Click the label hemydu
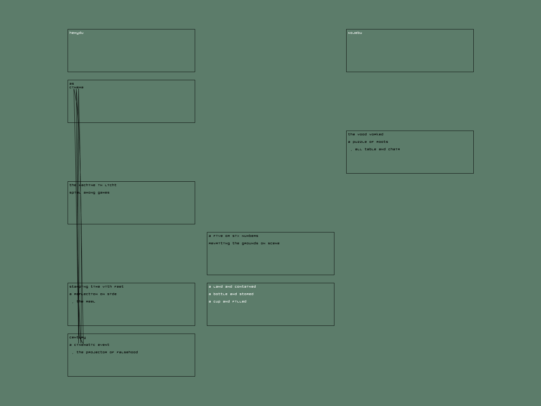(x=76, y=33)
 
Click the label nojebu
(x=355, y=33)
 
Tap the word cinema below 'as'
(x=76, y=87)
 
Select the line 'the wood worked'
(x=366, y=134)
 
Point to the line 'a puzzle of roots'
(x=368, y=142)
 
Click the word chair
(x=394, y=149)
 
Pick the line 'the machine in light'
(x=93, y=185)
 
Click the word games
(x=103, y=193)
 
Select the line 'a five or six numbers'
(x=233, y=236)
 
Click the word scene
(x=274, y=243)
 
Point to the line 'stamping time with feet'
(x=96, y=287)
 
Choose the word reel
(x=90, y=301)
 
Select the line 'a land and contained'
(x=232, y=287)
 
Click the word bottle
(x=220, y=294)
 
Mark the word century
(x=77, y=337)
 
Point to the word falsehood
(x=127, y=352)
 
